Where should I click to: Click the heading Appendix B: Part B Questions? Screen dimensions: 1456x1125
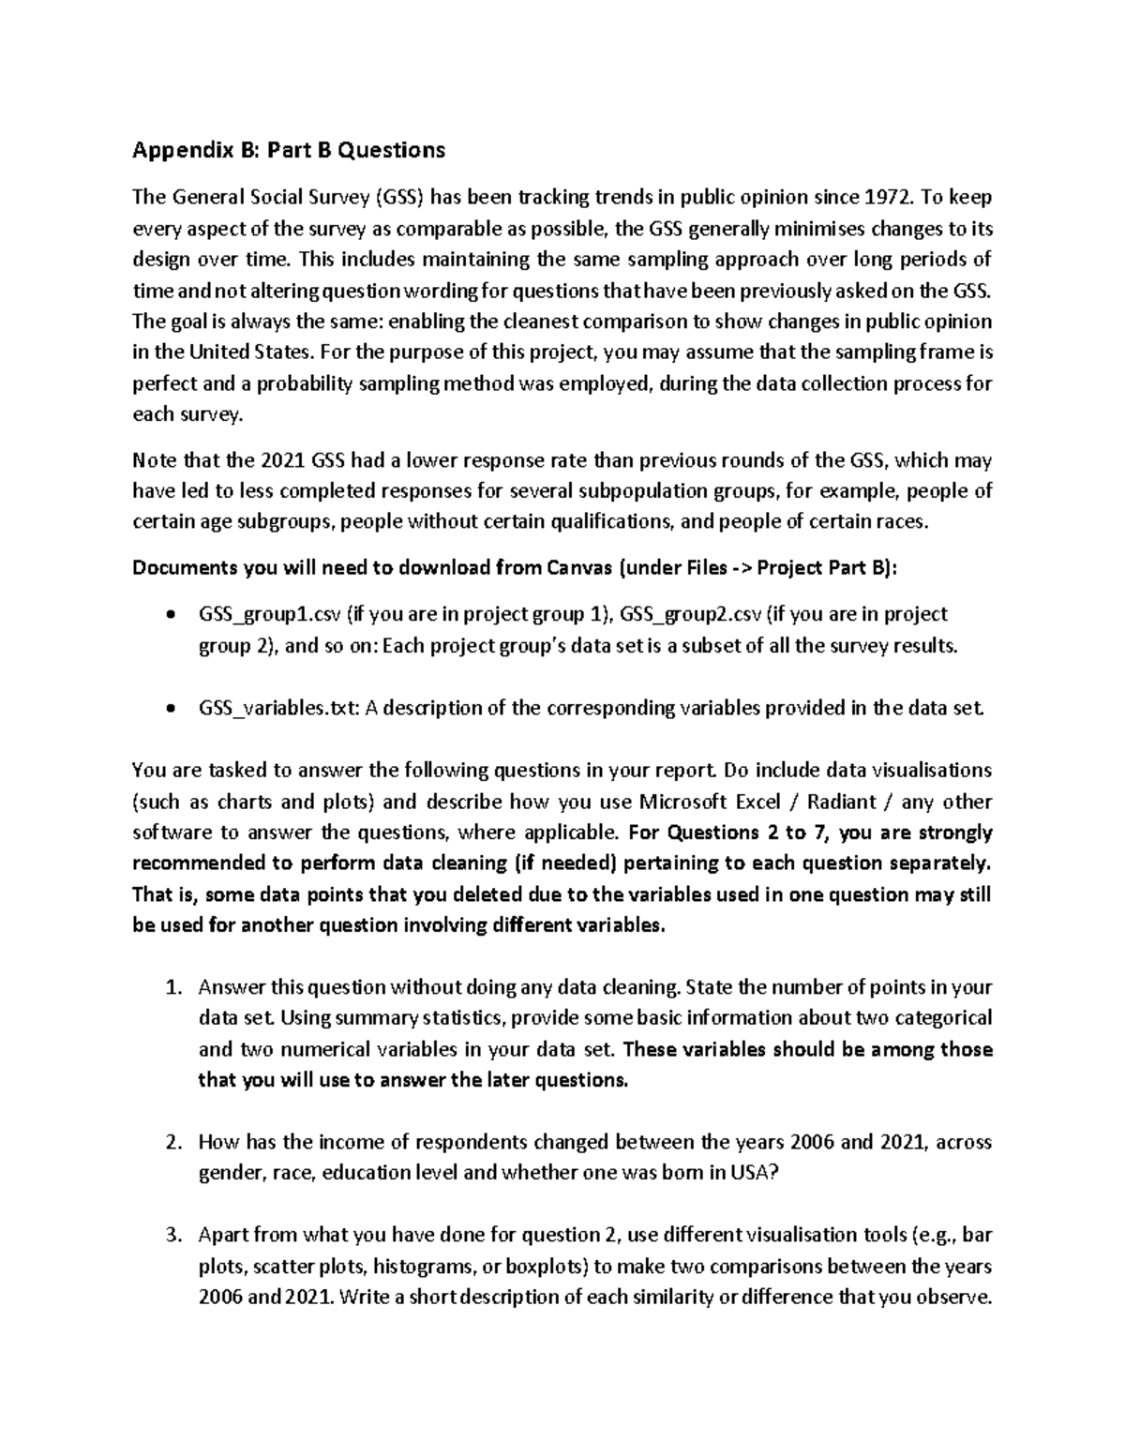(289, 150)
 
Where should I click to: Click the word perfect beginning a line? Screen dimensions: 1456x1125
(163, 383)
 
